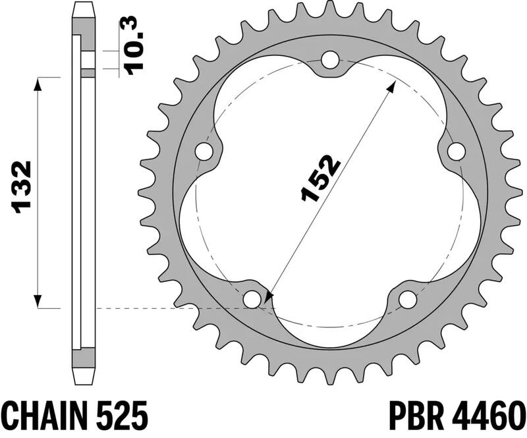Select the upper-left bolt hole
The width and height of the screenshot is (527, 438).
click(206, 152)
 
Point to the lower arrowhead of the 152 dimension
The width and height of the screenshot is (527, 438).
click(267, 300)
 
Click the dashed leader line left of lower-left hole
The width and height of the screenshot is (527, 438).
click(171, 308)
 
